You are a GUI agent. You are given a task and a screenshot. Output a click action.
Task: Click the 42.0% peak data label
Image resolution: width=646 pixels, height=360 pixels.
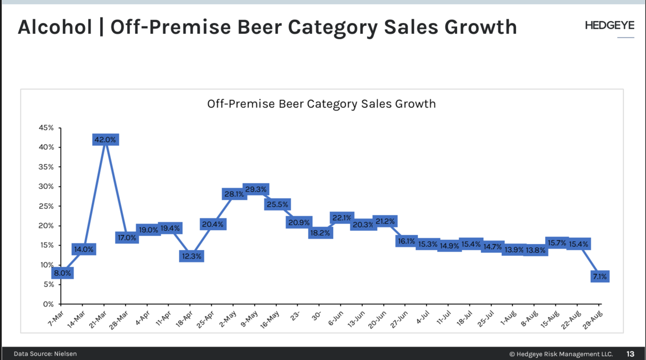[x=105, y=139]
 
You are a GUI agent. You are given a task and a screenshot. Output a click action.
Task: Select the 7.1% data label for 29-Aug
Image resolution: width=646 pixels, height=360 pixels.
[x=599, y=277]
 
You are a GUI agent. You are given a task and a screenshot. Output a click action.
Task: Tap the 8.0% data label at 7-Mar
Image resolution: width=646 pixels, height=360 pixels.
[x=62, y=273]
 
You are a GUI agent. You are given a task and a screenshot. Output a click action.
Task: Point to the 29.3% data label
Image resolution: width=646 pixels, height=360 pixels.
[x=255, y=189]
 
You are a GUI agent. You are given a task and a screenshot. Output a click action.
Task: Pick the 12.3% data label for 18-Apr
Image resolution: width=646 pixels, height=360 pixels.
[x=192, y=256]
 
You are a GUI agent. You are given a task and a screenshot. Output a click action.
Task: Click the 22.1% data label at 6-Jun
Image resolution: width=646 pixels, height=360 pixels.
[x=342, y=218]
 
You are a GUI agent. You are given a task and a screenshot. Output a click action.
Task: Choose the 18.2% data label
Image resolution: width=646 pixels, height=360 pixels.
[x=320, y=233]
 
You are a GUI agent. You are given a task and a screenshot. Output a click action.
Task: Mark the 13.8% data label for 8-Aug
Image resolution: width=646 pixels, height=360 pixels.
[x=535, y=250]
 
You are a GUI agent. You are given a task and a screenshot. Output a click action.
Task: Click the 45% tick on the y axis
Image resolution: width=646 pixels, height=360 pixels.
[x=46, y=128]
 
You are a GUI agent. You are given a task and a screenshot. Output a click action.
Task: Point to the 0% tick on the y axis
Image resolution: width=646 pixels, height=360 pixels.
[x=48, y=304]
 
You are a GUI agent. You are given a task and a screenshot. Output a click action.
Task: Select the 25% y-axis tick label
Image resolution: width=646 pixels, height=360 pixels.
[x=46, y=206]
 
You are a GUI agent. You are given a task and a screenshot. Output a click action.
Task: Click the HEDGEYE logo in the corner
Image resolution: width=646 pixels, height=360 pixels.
[x=610, y=25]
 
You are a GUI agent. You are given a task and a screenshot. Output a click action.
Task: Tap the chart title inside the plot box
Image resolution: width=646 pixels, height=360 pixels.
[x=321, y=104]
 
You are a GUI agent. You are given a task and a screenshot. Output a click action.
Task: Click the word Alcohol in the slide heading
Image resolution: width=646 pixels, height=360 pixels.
[x=54, y=27]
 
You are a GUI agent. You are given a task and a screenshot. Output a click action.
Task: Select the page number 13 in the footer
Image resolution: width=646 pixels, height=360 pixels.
[x=631, y=354]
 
